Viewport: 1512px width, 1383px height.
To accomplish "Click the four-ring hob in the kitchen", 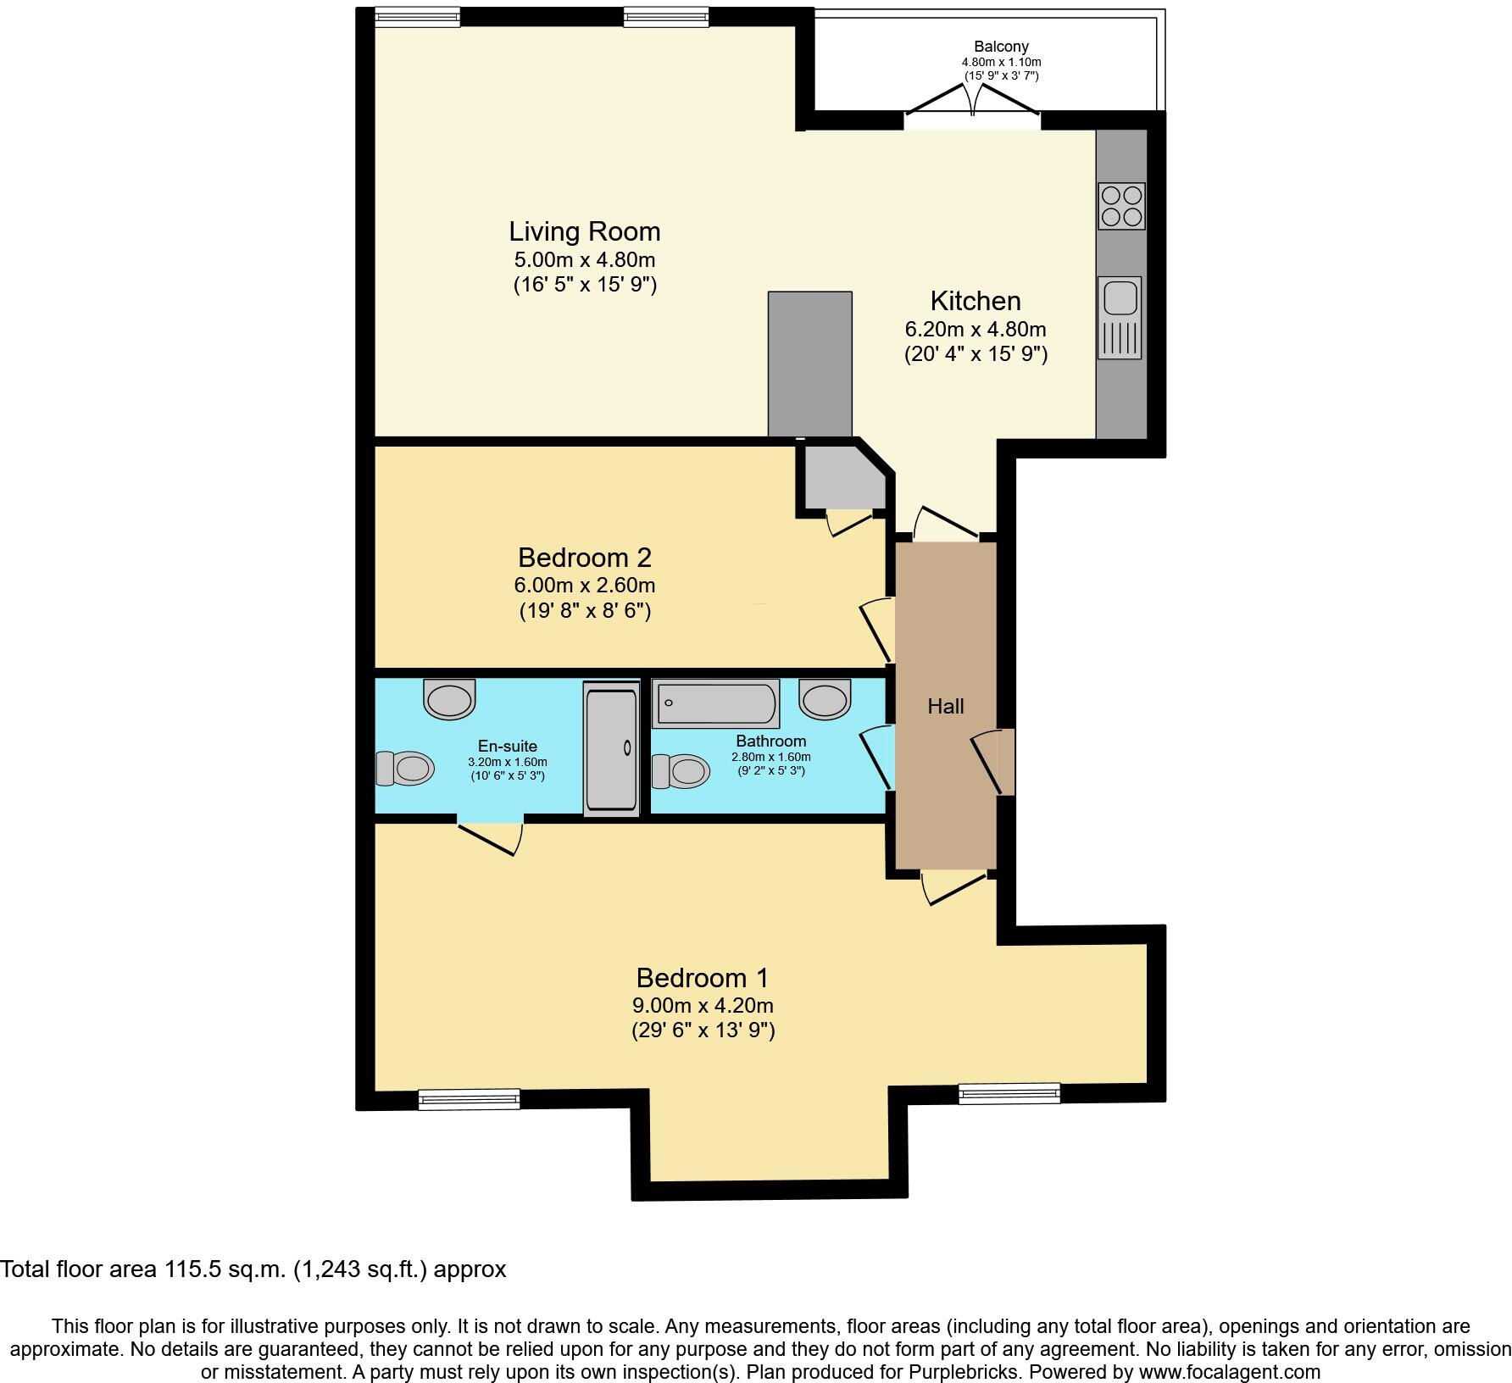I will [x=1121, y=206].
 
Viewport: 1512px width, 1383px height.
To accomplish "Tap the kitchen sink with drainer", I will [x=1120, y=317].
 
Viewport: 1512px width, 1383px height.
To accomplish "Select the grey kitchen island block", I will [x=809, y=364].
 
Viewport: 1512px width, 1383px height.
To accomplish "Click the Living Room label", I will [x=584, y=231].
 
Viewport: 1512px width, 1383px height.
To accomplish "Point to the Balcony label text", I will [x=1001, y=47].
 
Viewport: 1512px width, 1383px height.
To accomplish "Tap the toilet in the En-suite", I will [x=405, y=769].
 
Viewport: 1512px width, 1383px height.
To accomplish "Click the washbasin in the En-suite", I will [x=449, y=699].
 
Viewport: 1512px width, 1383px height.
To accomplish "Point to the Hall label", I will [x=945, y=706].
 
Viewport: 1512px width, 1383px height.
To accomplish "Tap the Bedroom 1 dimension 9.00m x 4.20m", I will [x=703, y=1006].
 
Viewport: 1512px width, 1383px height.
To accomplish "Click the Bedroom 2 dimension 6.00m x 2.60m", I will [x=584, y=585].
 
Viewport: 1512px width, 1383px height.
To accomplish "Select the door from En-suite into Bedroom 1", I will [x=490, y=836].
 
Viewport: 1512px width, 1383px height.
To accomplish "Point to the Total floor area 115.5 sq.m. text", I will [x=253, y=1269].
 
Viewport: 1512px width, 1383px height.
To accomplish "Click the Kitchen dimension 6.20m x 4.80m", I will [x=975, y=329].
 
